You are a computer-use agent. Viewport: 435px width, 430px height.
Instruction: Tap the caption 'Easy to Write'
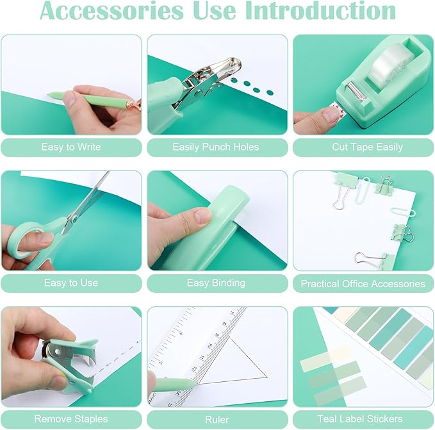70,147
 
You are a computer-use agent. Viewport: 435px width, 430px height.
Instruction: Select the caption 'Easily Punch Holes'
216,147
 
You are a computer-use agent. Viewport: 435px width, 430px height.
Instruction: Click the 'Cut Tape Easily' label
367,147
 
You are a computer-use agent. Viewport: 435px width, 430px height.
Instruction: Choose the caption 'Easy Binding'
216,283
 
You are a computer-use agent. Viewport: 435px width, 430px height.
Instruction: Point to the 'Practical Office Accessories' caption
363,283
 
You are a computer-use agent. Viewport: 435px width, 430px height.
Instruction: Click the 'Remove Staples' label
70,419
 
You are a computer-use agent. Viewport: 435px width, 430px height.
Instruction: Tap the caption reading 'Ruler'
216,419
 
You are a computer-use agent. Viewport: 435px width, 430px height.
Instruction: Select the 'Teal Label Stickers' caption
363,419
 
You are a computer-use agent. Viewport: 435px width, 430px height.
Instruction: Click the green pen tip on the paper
53,95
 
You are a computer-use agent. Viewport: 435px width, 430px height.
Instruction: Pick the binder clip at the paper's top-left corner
344,186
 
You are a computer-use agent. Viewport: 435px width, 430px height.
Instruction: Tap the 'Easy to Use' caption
70,283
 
